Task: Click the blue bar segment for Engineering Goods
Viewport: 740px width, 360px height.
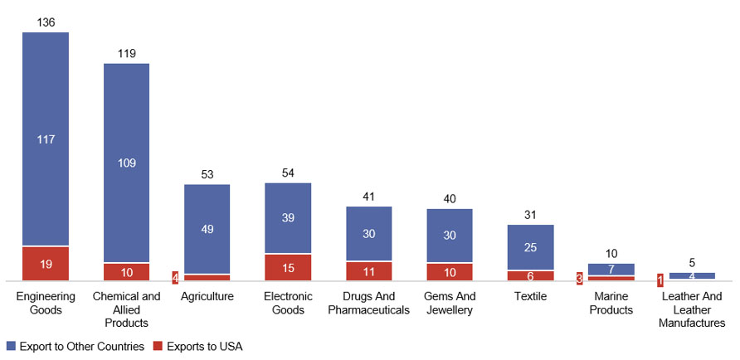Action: [45, 139]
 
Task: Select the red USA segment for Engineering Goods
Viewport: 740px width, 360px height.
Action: [45, 264]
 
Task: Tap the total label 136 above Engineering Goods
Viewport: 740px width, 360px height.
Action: [46, 22]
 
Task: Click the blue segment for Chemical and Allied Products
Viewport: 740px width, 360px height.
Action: [126, 163]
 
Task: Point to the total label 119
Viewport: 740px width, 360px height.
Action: [126, 53]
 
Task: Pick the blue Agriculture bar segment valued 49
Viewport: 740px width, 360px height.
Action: [207, 229]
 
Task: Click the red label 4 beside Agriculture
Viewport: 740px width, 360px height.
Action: [175, 277]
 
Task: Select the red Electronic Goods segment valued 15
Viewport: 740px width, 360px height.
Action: [288, 267]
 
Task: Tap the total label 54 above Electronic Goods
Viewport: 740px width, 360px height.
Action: [288, 173]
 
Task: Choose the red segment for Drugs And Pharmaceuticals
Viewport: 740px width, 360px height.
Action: [368, 271]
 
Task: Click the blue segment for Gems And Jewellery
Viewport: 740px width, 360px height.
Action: [450, 236]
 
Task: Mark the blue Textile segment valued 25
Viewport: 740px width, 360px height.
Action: [530, 247]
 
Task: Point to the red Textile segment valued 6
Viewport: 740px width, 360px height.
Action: [530, 275]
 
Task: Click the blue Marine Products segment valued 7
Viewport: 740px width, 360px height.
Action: [611, 270]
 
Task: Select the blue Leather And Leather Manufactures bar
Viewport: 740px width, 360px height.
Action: [692, 275]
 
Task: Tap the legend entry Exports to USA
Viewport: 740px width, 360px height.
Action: [205, 344]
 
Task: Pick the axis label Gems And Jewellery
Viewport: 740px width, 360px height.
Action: [450, 303]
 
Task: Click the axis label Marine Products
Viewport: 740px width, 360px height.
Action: [611, 303]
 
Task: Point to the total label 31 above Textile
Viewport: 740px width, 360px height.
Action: [530, 215]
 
